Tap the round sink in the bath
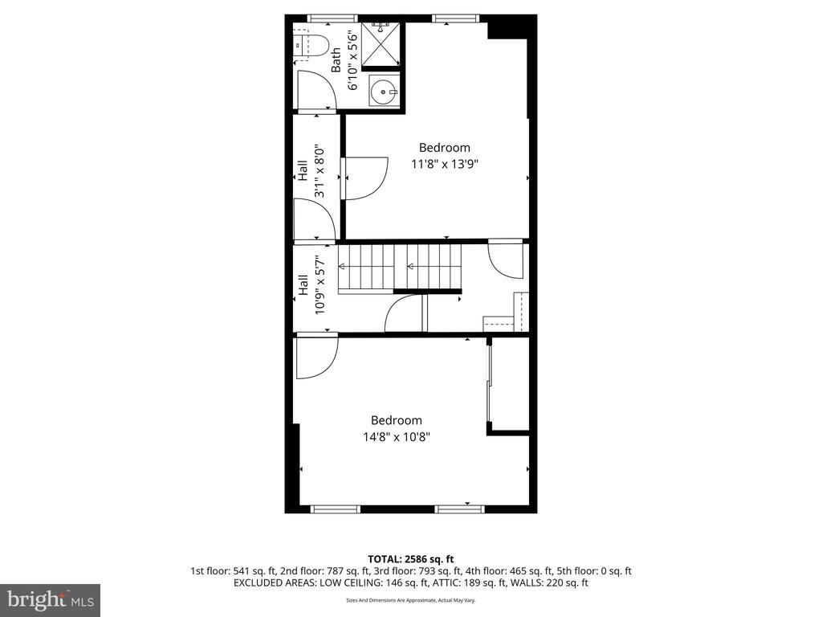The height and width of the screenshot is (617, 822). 384,90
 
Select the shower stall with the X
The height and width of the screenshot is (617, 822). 380,44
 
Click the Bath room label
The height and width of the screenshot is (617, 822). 336,59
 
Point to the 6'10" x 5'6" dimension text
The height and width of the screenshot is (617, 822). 352,59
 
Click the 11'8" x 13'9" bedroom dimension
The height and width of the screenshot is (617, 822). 445,164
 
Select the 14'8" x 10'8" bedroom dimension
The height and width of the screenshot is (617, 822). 397,436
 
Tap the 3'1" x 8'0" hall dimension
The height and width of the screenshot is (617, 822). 319,172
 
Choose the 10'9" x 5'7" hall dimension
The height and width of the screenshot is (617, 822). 319,284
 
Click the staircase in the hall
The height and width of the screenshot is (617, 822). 400,268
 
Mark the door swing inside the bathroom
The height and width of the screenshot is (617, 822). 316,89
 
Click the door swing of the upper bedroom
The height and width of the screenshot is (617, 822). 365,178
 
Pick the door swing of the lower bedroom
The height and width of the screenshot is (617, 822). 317,358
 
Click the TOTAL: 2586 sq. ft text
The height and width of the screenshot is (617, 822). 410,559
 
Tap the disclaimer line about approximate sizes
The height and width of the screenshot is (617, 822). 410,600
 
